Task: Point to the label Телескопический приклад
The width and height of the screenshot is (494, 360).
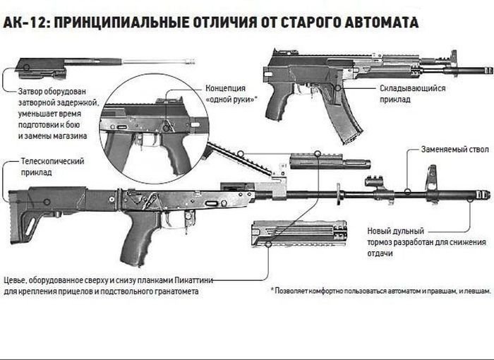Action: coord(53,167)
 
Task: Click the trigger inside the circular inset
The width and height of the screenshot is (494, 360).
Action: coord(149,141)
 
